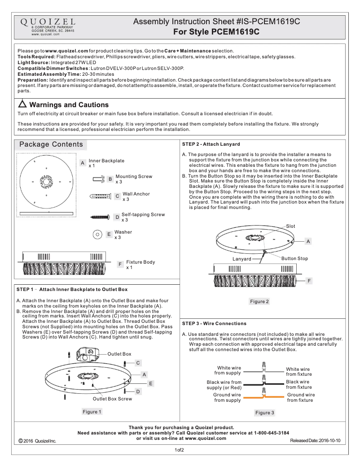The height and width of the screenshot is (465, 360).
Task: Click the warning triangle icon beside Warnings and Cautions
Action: [x=23, y=104]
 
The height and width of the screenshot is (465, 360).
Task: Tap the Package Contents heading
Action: [x=51, y=144]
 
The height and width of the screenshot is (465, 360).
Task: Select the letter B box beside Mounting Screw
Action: [x=110, y=179]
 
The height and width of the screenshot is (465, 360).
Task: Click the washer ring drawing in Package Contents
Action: [x=97, y=234]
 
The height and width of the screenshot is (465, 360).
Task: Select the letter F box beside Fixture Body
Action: [x=120, y=265]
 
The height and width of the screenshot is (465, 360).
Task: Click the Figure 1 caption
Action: [x=92, y=411]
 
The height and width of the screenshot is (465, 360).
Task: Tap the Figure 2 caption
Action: [x=259, y=301]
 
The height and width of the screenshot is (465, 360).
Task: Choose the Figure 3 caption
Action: [x=264, y=413]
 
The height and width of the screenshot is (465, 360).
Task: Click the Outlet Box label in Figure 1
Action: [x=119, y=354]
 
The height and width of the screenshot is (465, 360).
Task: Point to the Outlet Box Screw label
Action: [x=112, y=399]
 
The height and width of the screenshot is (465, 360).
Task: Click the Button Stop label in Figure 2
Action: [x=294, y=258]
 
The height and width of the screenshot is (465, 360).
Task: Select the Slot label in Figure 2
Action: [x=290, y=226]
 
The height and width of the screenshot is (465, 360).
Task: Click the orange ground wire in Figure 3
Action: [x=263, y=397]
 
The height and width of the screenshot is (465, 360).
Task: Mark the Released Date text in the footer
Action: [x=315, y=441]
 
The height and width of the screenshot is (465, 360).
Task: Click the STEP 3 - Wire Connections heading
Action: [x=214, y=323]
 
